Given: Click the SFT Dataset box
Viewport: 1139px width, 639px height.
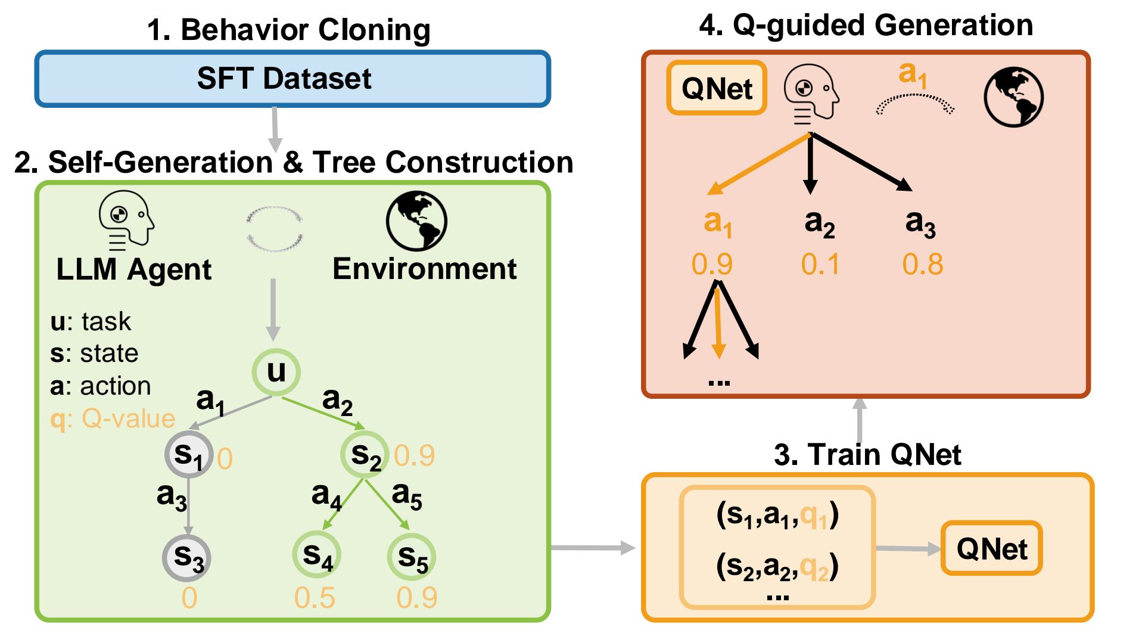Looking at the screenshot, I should (x=292, y=79).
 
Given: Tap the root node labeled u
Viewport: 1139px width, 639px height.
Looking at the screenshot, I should (x=276, y=372).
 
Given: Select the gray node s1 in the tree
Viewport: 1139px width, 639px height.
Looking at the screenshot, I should (x=189, y=455).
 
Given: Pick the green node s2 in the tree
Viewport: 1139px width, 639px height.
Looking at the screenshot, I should (x=365, y=455).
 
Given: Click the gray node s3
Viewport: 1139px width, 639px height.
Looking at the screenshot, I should (x=188, y=557).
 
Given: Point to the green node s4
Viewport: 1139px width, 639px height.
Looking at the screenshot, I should (x=317, y=555).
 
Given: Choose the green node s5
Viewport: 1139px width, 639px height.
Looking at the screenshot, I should (x=412, y=557).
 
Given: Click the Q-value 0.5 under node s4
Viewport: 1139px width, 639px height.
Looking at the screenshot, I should (x=315, y=597).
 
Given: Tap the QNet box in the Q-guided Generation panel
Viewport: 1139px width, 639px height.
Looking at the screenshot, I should (x=717, y=88).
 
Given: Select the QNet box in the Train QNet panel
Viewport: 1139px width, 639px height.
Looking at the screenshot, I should (x=991, y=548).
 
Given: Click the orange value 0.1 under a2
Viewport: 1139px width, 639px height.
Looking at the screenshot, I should (x=820, y=264).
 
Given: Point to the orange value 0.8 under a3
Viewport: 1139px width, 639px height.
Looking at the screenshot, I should (x=922, y=264).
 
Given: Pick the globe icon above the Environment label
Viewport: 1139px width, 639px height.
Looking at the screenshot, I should (x=416, y=220).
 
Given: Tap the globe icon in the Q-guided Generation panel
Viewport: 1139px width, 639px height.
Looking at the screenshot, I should (x=1013, y=97).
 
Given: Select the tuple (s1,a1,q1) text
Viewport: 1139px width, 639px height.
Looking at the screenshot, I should (x=777, y=515).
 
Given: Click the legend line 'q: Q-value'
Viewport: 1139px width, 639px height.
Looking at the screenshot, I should (x=113, y=418).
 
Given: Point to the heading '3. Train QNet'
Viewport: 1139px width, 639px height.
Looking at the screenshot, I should (x=867, y=455).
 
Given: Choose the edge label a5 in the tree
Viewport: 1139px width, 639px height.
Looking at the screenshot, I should (x=407, y=496).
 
